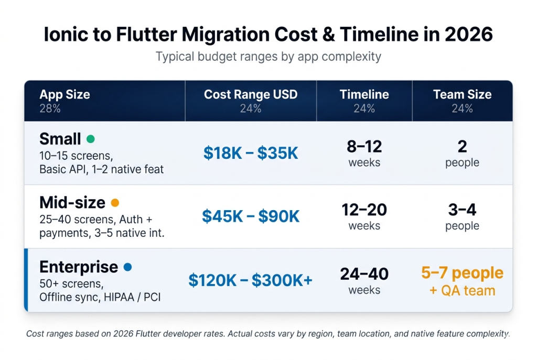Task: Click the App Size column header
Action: (x=65, y=95)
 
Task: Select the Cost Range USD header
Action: (x=251, y=95)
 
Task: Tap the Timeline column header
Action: (x=364, y=95)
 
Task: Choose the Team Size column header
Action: (x=462, y=95)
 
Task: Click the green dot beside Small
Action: (x=90, y=139)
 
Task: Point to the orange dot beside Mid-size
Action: (x=115, y=203)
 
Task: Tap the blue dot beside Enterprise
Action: (x=127, y=267)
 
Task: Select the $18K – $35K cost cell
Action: (x=251, y=153)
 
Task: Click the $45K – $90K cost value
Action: (x=251, y=216)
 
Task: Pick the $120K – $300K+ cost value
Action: (x=251, y=280)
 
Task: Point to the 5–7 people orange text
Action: (x=462, y=273)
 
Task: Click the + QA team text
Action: (x=462, y=290)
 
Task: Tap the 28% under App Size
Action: (x=50, y=108)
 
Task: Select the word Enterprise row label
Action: (x=79, y=267)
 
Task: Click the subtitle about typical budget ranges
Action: (x=268, y=56)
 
